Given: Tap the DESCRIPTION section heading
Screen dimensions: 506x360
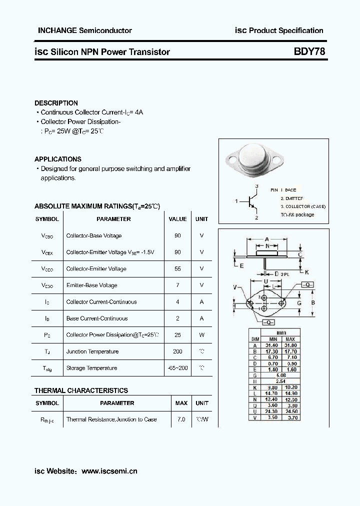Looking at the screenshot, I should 56,103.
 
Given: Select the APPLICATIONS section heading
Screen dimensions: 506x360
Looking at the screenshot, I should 58,159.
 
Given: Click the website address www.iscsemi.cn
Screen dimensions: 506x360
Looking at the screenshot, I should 109,470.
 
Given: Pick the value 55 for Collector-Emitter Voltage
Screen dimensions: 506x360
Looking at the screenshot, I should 177,268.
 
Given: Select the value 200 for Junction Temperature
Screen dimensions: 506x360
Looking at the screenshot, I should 177,351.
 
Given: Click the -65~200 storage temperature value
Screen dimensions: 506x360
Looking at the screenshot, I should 177,368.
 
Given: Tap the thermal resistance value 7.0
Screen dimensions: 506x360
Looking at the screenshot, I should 181,419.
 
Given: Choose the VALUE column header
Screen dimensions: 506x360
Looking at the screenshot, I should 177,219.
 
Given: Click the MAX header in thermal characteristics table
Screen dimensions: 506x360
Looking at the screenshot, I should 181,403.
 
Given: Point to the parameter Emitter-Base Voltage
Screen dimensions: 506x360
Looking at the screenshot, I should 91,285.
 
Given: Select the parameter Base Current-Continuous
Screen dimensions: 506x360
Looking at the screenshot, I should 97,318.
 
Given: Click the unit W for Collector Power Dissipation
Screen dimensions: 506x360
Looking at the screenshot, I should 202,335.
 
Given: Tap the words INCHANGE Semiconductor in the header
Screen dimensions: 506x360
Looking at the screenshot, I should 85,30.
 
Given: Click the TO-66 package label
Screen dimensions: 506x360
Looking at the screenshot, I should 297,214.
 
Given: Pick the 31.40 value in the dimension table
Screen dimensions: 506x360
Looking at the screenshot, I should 271,345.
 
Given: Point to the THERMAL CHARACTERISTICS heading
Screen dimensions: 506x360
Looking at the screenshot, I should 81,390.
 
